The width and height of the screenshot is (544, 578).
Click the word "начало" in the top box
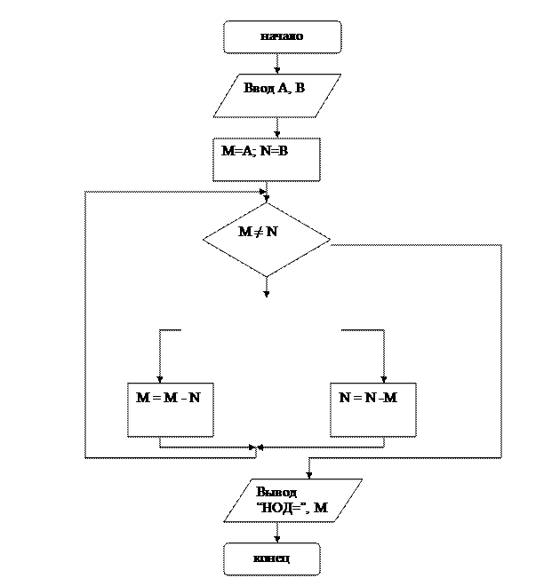(x=282, y=36)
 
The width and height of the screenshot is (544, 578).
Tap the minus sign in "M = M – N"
(x=181, y=398)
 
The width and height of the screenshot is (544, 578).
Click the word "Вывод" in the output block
(x=276, y=492)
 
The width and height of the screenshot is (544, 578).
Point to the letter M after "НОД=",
(x=322, y=508)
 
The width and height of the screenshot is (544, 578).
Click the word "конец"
(x=272, y=558)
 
